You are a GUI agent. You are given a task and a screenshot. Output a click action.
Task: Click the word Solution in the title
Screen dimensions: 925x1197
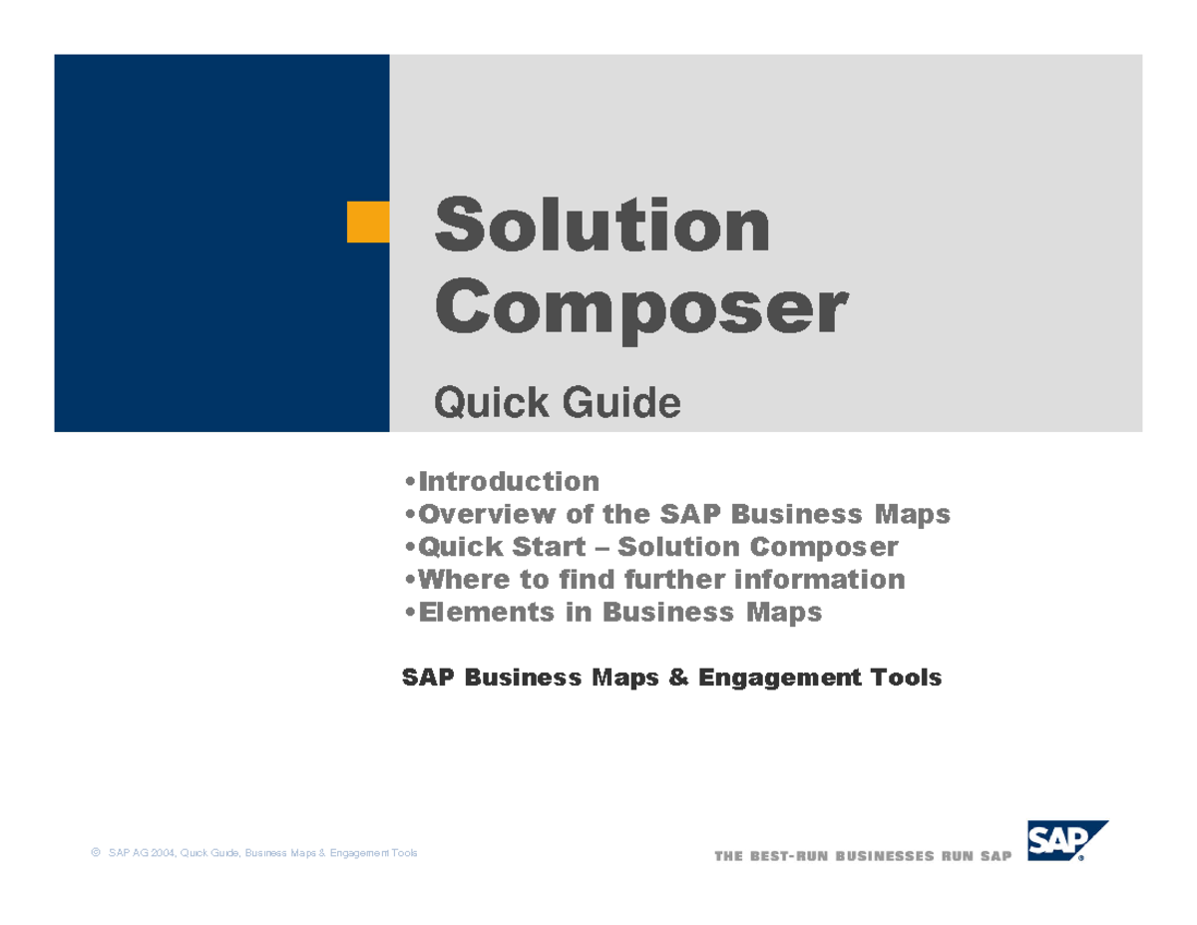pos(601,226)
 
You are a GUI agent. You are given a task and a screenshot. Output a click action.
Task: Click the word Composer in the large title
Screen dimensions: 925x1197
pos(640,310)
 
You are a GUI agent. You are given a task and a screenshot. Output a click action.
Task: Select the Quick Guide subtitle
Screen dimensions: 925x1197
pos(557,403)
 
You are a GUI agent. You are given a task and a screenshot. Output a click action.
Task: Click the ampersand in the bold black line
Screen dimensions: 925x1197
pos(678,679)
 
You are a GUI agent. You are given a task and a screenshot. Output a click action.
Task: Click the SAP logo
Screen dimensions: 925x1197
pos(1067,841)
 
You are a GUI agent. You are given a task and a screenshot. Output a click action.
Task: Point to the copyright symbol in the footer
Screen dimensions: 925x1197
pos(95,853)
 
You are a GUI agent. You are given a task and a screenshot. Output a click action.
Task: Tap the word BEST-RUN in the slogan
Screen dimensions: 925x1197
pos(785,856)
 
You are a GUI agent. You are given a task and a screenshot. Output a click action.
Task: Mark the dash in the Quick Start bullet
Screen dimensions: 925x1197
pos(607,548)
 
